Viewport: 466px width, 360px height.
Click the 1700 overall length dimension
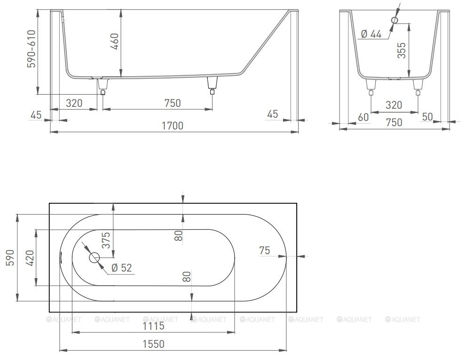[173, 126]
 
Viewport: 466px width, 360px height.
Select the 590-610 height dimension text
[32, 49]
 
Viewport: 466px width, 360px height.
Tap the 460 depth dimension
[114, 42]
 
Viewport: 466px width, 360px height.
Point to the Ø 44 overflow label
[371, 34]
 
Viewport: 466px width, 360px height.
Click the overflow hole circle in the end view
[395, 20]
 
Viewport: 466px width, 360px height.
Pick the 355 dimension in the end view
[402, 50]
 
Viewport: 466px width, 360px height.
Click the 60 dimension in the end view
[363, 117]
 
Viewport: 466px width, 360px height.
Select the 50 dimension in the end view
[427, 117]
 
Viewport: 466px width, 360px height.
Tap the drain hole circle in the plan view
[95, 258]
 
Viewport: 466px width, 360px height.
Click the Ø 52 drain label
[121, 268]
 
